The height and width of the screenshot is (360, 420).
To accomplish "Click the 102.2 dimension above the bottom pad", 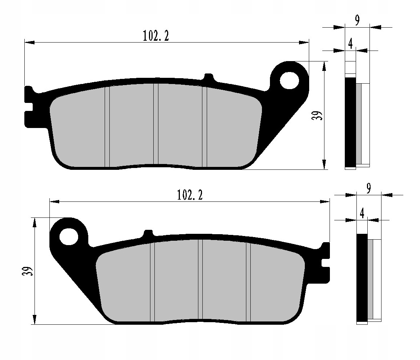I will point(190,195).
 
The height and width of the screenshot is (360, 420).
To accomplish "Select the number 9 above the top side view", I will point(357,21).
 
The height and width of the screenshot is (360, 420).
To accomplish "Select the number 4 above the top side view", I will point(350,44).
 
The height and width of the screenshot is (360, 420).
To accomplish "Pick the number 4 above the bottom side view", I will point(362,213).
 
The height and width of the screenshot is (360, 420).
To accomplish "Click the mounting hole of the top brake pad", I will point(289,80).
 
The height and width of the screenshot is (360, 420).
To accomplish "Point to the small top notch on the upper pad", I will point(209,77).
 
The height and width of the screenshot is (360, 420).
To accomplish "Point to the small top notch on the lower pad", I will point(148,233).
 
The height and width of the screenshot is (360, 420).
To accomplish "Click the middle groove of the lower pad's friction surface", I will point(200,280).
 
